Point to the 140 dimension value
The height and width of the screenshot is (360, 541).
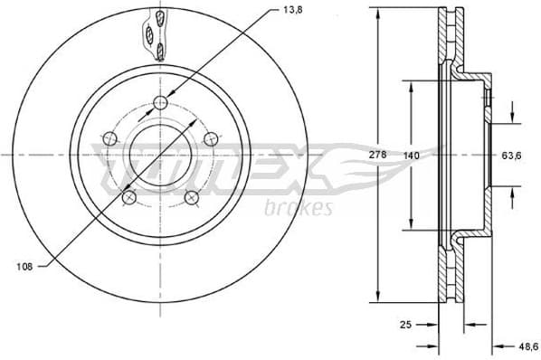tap(412, 156)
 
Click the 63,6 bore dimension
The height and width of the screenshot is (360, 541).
tap(513, 156)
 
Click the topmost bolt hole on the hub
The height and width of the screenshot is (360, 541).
tap(161, 101)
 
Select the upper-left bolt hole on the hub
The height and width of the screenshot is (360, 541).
tap(110, 138)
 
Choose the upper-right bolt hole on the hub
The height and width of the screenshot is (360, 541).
tap(212, 138)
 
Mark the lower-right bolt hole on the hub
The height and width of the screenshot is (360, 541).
tap(192, 197)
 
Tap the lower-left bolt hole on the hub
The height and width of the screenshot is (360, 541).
tap(129, 197)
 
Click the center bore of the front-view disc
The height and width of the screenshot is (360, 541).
tap(161, 154)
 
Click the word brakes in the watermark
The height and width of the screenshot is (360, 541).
tap(299, 209)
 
